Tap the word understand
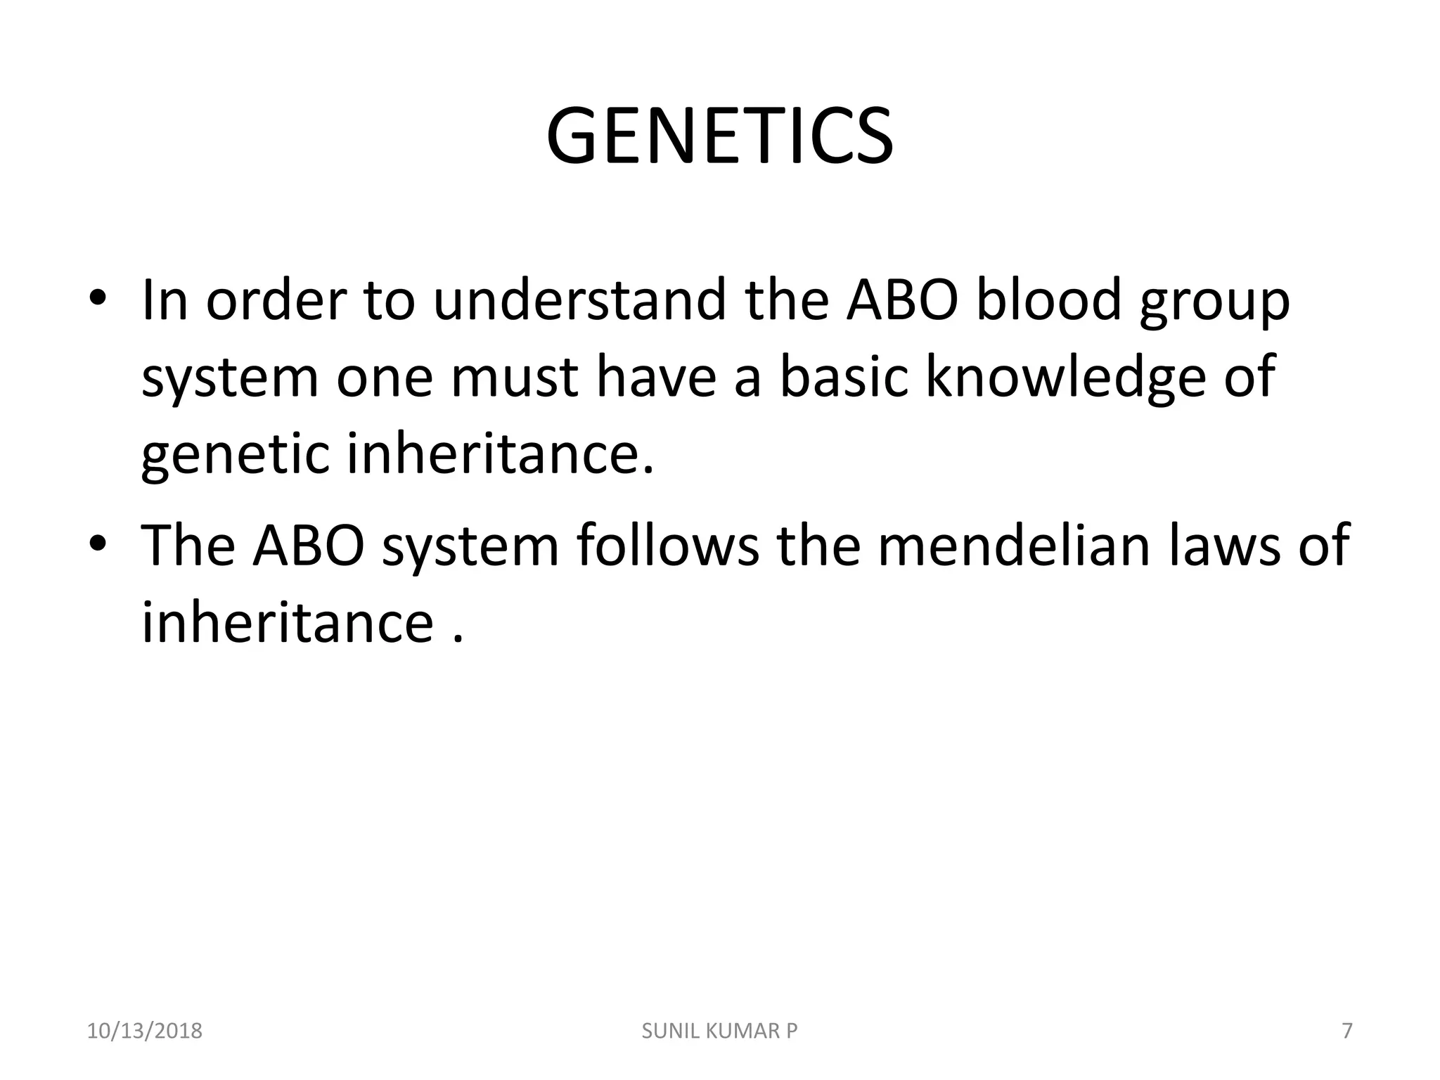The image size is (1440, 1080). pos(579,300)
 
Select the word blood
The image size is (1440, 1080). pos(1050,300)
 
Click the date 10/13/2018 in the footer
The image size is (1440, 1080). pos(144,1031)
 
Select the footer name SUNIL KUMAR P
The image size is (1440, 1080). pos(720,1031)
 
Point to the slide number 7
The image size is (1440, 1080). pos(1346,1031)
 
